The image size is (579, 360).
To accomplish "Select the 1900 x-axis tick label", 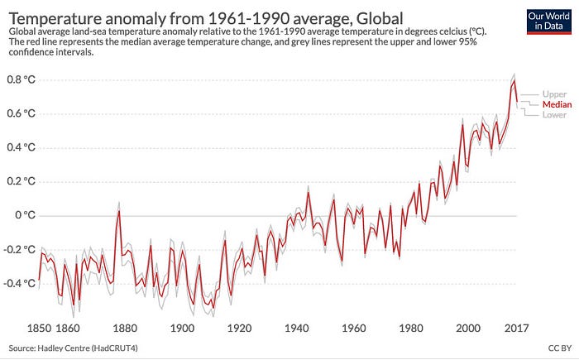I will tap(182, 327).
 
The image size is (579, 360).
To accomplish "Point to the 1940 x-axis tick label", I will tap(296, 327).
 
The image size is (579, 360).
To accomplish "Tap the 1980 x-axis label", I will tap(410, 327).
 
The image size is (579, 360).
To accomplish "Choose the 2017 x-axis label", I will tap(516, 327).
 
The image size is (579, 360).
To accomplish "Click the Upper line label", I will tap(555, 94).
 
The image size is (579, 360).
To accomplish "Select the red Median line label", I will tap(557, 104).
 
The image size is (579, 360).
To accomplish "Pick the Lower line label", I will tap(555, 115).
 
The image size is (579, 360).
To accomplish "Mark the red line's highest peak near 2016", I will tap(514, 81).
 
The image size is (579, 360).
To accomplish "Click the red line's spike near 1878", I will tap(119, 211).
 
